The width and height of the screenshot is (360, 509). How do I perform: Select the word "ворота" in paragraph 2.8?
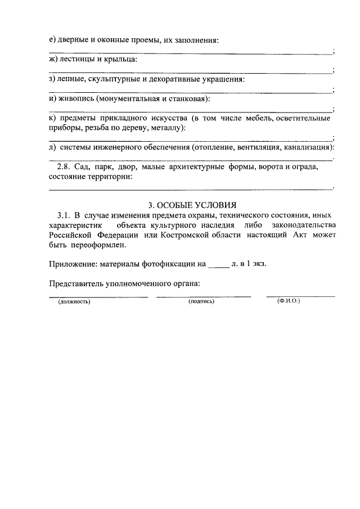tap(265, 167)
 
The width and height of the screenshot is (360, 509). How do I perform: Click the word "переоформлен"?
tap(98, 245)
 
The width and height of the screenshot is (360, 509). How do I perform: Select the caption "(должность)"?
tap(74, 301)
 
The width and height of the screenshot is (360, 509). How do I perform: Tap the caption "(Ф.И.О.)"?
tap(289, 301)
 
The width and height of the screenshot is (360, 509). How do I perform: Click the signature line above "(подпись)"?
tap(203, 296)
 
